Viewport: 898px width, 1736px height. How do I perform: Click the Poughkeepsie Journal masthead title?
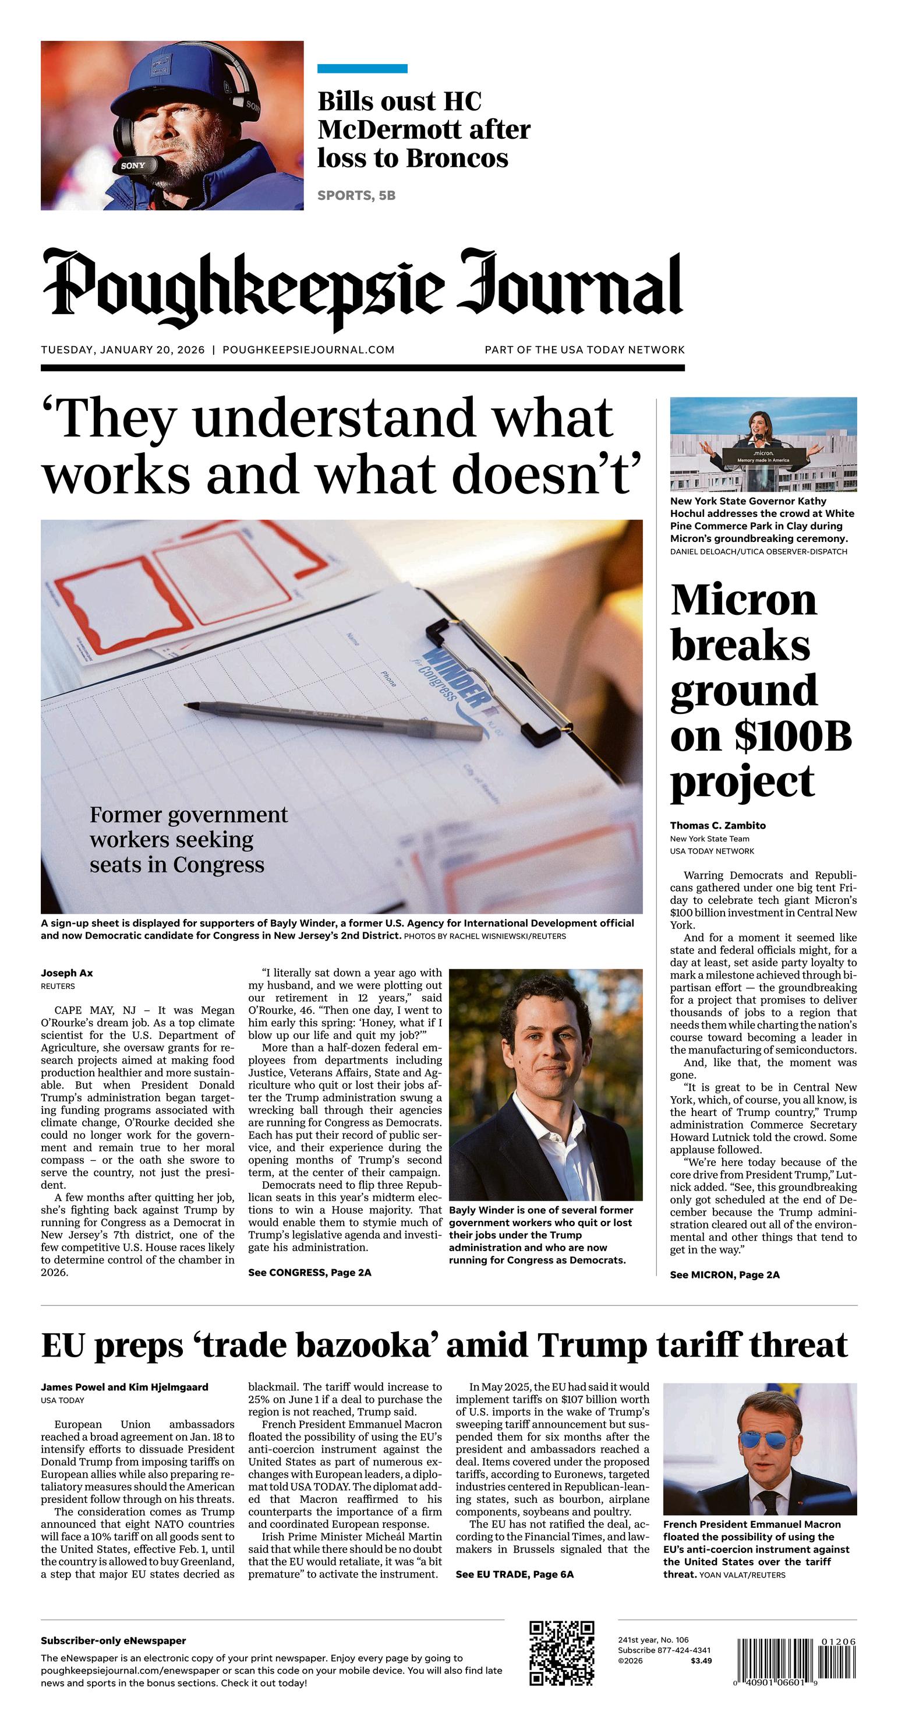[362, 288]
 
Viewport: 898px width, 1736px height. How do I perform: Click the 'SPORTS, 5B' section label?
[356, 195]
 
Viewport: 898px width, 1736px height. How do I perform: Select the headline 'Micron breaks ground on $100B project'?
[760, 690]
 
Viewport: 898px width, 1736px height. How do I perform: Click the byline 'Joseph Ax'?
[67, 973]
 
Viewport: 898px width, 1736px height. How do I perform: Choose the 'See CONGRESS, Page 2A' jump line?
[309, 1272]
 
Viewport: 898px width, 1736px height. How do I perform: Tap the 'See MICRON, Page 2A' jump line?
[724, 1274]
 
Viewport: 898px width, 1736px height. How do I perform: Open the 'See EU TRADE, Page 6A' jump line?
[515, 1574]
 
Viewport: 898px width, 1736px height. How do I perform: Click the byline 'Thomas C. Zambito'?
[717, 826]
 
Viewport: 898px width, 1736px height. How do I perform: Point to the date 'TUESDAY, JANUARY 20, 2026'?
[123, 350]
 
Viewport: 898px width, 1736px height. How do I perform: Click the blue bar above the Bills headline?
[362, 68]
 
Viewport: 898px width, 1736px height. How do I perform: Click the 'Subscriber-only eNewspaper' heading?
[113, 1640]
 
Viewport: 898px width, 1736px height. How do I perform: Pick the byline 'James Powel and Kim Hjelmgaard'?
[125, 1387]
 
